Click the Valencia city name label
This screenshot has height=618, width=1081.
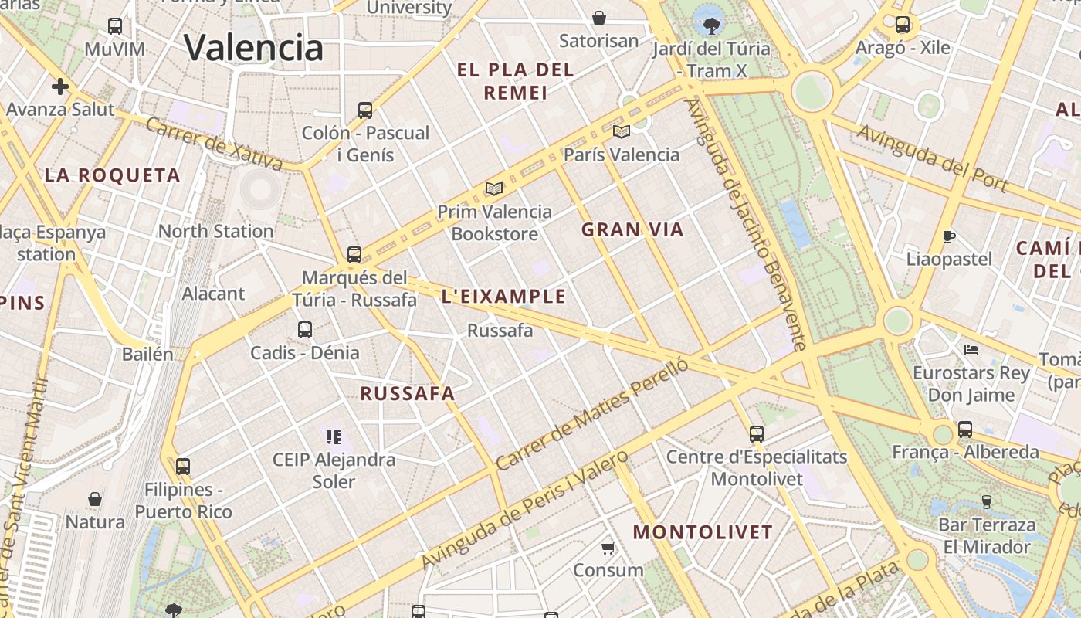point(253,47)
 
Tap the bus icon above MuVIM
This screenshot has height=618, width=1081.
point(115,26)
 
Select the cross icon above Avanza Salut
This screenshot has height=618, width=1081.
point(60,86)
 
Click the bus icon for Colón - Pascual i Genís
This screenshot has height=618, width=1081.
point(365,110)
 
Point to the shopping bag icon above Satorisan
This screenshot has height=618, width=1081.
point(598,17)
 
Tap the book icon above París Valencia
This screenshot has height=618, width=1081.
point(622,131)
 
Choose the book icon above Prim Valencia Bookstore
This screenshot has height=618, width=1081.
point(494,188)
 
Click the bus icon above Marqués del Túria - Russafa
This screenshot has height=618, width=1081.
point(354,254)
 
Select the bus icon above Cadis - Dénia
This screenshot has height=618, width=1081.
point(305,330)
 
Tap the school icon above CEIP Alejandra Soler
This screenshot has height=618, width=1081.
point(334,437)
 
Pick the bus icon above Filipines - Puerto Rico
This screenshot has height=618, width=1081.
point(183,467)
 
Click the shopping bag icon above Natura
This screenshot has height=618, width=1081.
point(95,499)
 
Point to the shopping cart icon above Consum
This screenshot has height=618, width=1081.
point(608,548)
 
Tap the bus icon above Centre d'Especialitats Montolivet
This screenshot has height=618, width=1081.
point(757,434)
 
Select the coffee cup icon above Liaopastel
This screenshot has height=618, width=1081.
point(949,236)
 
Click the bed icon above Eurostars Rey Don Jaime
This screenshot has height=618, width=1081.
point(971,350)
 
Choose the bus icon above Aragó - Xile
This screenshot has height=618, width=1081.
point(903,25)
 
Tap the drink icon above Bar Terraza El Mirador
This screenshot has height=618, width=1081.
point(986,502)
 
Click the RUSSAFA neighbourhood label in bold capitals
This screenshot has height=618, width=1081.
point(408,393)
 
